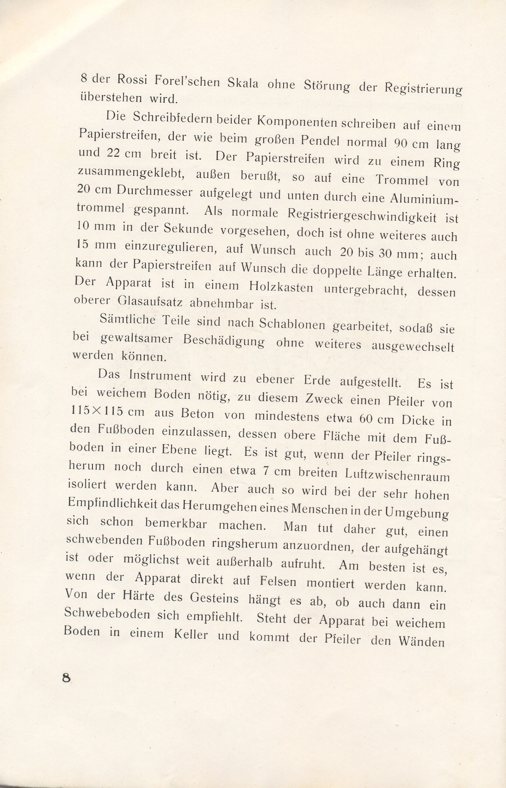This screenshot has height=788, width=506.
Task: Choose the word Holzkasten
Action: coord(281,288)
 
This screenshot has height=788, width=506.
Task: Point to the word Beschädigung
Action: coord(224,341)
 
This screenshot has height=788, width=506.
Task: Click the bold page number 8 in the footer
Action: coord(67,677)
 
